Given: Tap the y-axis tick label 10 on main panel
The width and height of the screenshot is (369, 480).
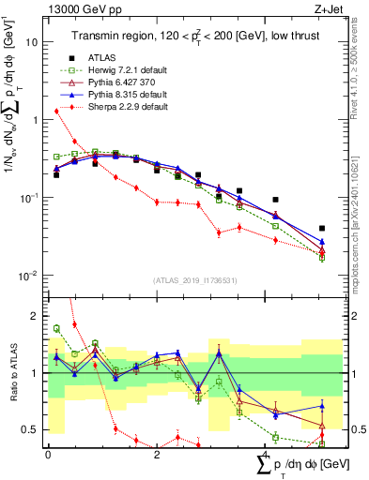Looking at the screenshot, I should [32, 42].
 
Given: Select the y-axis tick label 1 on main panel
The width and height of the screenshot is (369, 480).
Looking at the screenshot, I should [35, 120].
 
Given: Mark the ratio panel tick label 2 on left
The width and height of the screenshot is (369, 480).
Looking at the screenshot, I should [36, 316].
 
